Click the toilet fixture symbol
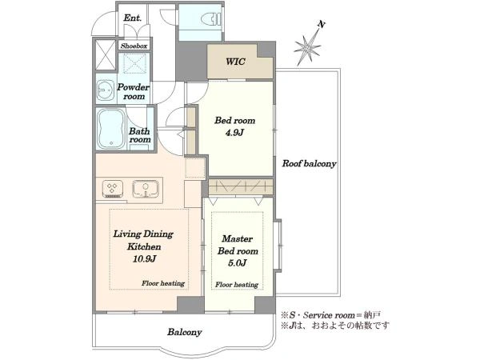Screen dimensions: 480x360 tap(210, 19)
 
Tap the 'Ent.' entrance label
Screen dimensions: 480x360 tap(133, 18)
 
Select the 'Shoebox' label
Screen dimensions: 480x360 tap(134, 46)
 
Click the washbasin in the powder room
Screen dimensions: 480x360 tap(106, 91)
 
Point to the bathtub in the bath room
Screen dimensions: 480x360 tap(111, 129)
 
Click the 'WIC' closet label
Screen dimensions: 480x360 tap(235, 62)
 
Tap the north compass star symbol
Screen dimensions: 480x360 tap(307, 48)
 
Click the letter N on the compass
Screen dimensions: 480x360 tap(321, 25)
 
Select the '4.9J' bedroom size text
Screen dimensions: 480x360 tap(234, 133)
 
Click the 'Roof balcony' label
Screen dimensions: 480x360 tap(309, 163)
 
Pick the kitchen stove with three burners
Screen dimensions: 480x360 tap(113, 189)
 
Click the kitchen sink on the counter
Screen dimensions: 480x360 tap(146, 189)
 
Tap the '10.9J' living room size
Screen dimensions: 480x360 tap(145, 259)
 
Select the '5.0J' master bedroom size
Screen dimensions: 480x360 tap(238, 263)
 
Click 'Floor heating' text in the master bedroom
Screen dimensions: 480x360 tap(237, 285)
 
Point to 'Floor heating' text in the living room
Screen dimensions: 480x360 tap(163, 283)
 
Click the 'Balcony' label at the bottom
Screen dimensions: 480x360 tap(184, 332)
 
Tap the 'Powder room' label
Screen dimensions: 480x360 tap(134, 91)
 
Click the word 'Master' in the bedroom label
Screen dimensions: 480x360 tap(238, 238)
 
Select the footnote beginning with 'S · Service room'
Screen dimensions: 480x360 tap(331, 315)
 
